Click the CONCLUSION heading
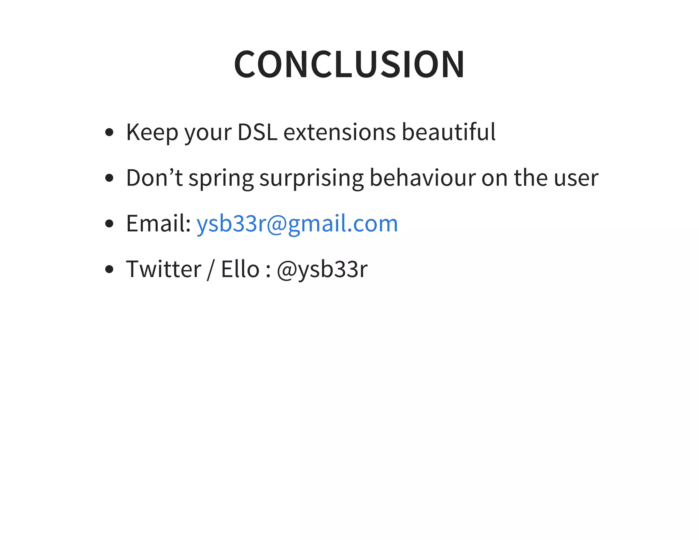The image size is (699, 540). (349, 64)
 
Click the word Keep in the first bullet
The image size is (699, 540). (152, 132)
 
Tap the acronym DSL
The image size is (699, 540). (257, 132)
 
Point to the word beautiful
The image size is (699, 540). (448, 132)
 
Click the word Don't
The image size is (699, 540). (154, 178)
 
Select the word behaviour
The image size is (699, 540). (423, 178)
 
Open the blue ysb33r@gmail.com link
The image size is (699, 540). (297, 224)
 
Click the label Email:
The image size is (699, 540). (158, 224)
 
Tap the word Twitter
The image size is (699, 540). (164, 269)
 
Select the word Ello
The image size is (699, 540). (240, 269)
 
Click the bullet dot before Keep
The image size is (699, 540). (109, 132)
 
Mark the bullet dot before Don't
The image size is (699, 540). (109, 178)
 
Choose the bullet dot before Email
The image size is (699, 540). (109, 224)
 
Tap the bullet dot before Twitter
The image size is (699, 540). (109, 269)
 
